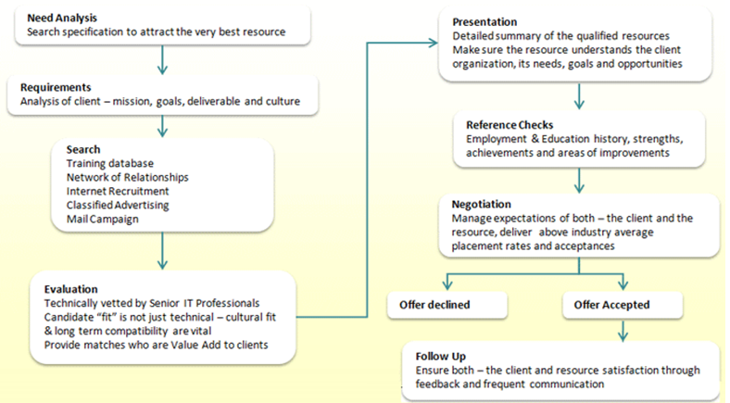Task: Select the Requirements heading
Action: click(56, 87)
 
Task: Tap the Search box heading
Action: click(84, 149)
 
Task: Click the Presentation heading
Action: click(485, 21)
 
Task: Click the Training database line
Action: click(111, 163)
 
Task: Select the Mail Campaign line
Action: click(103, 220)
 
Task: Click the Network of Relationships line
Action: click(128, 177)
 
